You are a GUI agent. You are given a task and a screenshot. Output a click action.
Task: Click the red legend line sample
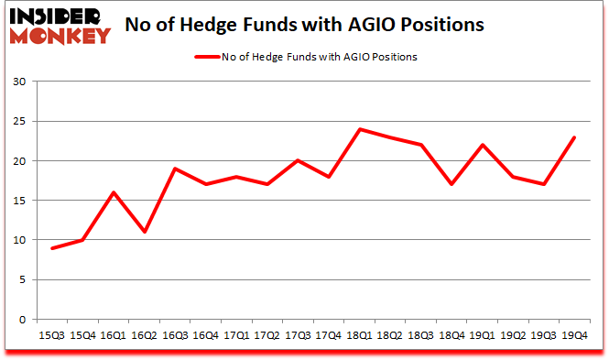(206, 57)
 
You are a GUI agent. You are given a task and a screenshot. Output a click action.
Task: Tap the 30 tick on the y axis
(17, 82)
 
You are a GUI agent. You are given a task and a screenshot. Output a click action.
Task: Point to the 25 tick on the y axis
(17, 122)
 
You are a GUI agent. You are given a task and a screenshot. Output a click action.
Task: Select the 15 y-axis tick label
(17, 201)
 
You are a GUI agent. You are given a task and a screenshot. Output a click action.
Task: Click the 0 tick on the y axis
(21, 320)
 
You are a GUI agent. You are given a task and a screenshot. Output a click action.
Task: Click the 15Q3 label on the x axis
(52, 335)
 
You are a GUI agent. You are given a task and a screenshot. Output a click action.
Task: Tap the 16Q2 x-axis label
(142, 335)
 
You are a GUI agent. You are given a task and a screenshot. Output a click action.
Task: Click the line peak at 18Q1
(361, 129)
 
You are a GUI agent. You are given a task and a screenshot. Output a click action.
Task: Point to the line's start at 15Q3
(52, 248)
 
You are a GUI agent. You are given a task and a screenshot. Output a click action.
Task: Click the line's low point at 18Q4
(451, 184)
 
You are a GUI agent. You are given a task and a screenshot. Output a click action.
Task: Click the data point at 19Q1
(482, 145)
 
